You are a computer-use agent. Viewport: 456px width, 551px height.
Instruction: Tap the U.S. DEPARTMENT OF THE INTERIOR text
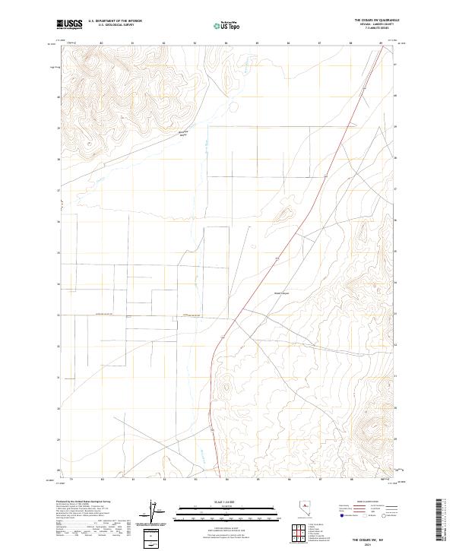click(x=115, y=21)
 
